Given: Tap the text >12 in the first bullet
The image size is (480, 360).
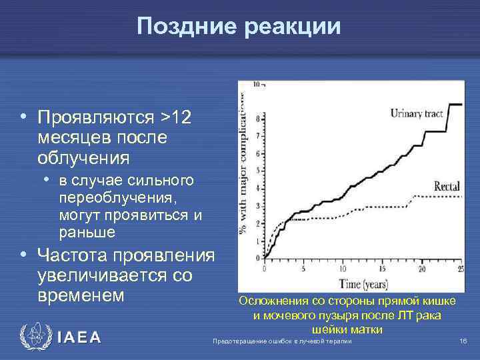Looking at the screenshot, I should tap(175, 117).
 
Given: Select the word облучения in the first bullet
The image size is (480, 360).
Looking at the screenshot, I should tap(83, 159).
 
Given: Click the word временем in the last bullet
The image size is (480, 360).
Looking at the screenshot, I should tap(82, 295).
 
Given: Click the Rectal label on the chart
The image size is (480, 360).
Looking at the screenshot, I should tap(447, 186).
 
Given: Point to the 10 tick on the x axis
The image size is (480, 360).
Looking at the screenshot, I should tap(343, 269).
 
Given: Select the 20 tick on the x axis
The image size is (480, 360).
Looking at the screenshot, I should tap(421, 269).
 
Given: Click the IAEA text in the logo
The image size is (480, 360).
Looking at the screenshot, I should tap(79, 338).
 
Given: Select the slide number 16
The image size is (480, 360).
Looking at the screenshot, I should tap(463, 341).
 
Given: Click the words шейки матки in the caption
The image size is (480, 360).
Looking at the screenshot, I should tap(346, 329).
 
